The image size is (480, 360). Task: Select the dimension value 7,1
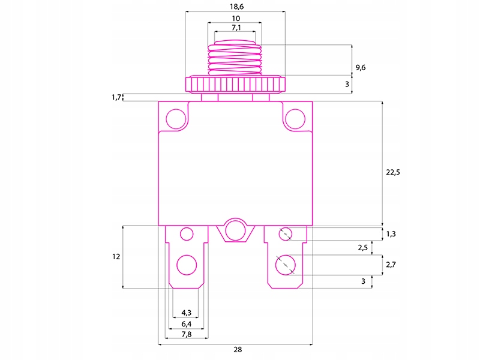pos(236,28)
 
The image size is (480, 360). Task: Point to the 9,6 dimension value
pos(360,68)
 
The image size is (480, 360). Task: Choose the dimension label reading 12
pos(116,256)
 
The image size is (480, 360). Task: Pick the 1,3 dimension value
pos(391,234)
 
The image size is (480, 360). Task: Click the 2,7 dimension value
pos(391,264)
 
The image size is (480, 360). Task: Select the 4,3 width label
pos(185,312)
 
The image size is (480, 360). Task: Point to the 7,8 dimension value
pos(185,334)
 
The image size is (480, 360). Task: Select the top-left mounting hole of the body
pos(176,119)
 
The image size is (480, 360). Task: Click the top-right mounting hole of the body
pos(295,119)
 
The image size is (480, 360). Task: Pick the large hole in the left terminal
pos(187,265)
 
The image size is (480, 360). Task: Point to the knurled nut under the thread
pos(235,83)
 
